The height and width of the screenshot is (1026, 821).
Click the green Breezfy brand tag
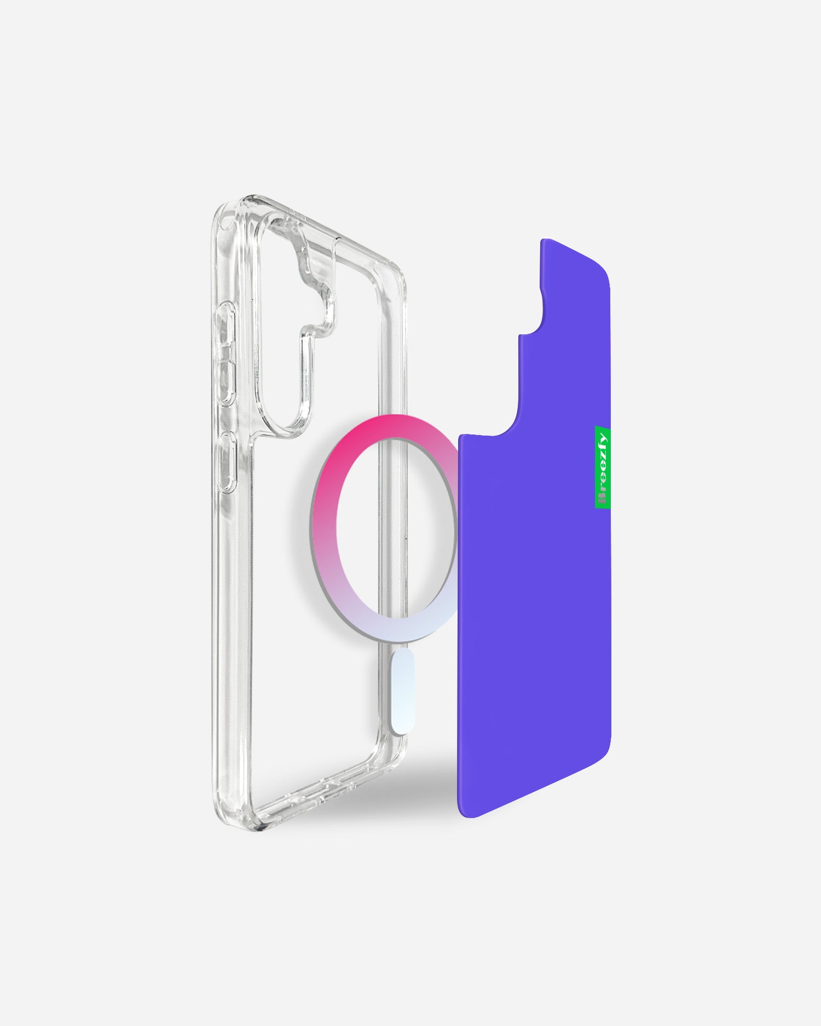tap(603, 467)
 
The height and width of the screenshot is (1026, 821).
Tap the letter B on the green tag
tap(603, 499)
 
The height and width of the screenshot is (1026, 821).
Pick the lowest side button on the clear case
tap(227, 462)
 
